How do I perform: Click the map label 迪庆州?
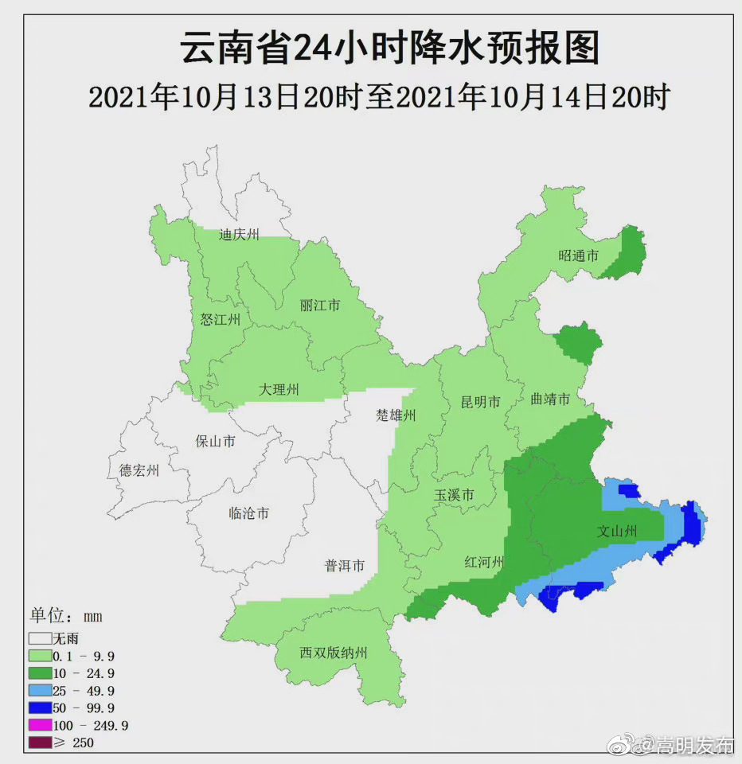pos(240,235)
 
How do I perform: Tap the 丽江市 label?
pos(320,306)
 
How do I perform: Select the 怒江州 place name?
pos(220,320)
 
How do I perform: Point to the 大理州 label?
pos(279,389)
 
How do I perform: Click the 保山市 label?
pos(215,441)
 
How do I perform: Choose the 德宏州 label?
pos(139,470)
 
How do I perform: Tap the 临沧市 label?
pos(249,513)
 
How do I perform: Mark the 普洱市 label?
pos(345,566)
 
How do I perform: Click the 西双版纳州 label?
pos(334,653)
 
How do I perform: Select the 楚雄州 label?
pos(396,415)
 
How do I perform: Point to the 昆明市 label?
pos(481,403)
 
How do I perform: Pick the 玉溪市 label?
pos(454,496)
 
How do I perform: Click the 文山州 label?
pos(617,532)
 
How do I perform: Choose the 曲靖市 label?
pos(550,400)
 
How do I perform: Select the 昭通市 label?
pos(578,255)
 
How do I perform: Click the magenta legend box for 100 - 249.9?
pos(40,726)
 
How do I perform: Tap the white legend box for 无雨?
pos(40,638)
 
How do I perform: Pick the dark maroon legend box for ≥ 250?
pos(40,743)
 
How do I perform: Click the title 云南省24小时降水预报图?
pos(389,49)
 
